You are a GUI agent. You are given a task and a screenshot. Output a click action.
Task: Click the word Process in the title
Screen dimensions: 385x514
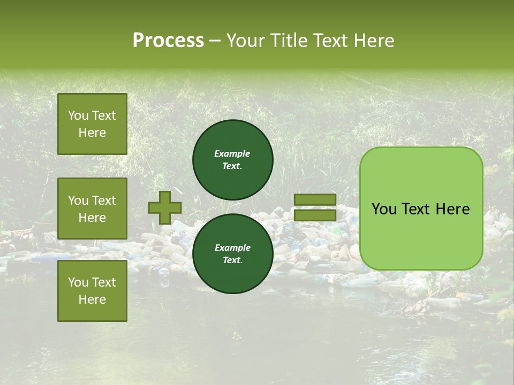point(168,41)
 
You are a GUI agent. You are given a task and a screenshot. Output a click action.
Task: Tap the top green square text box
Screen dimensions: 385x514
point(92,124)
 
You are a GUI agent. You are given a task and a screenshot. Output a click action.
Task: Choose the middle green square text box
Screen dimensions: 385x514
point(92,209)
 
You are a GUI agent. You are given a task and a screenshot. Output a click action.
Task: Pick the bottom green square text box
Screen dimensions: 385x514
point(92,290)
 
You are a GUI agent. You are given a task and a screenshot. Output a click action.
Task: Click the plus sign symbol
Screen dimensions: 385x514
point(165,207)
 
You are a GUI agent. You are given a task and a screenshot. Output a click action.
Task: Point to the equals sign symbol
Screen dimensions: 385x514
point(315,207)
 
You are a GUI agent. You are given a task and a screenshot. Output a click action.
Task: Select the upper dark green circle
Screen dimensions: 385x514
point(232,159)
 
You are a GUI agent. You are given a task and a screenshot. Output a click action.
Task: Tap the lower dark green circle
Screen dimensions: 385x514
point(232,253)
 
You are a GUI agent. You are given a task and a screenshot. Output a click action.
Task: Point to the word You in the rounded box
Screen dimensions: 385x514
point(384,209)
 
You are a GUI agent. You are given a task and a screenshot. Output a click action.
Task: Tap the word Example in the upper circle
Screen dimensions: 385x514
point(232,153)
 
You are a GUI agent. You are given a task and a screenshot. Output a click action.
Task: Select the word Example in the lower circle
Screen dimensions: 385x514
point(232,248)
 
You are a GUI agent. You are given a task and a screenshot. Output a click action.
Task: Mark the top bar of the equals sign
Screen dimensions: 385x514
point(315,200)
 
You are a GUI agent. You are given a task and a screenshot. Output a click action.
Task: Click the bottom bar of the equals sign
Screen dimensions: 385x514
point(315,215)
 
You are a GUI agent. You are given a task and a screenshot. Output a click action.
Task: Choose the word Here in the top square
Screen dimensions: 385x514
point(92,133)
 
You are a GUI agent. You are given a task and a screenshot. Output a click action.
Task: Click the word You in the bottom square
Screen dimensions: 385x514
point(78,282)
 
